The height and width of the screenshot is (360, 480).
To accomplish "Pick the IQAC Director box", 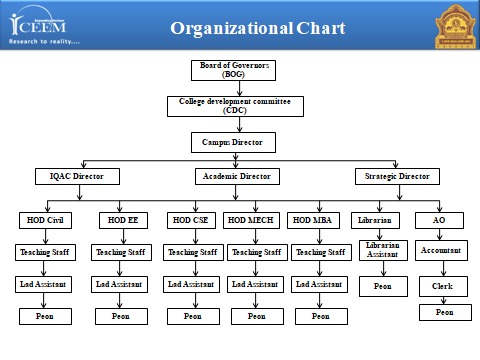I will [70, 177].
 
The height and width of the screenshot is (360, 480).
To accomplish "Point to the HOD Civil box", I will [42, 220].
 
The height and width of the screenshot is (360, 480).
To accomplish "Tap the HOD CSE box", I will [190, 220].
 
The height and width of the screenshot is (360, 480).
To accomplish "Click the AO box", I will [439, 220].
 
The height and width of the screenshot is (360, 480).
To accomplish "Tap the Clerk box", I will [442, 286].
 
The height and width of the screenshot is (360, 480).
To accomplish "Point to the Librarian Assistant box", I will [381, 250].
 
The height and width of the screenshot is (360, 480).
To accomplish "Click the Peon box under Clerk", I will [443, 312].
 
